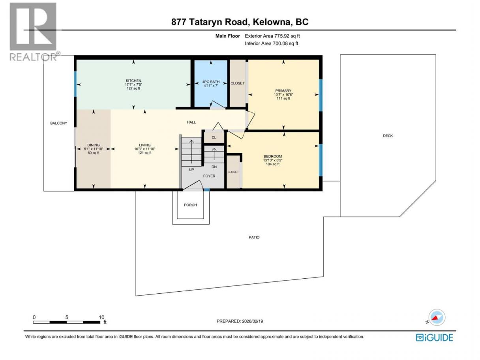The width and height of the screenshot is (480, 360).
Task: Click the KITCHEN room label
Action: click(x=133, y=81)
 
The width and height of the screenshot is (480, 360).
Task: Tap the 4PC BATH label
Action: click(x=211, y=82)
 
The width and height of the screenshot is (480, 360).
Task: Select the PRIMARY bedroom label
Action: click(x=283, y=91)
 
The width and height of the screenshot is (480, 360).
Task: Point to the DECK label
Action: click(x=388, y=136)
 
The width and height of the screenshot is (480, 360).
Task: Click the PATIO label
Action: click(x=254, y=237)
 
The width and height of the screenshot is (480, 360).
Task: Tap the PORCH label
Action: click(x=190, y=205)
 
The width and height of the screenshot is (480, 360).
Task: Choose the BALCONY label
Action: click(x=58, y=123)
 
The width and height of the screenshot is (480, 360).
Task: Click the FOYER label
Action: click(x=209, y=176)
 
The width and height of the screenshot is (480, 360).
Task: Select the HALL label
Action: click(x=191, y=122)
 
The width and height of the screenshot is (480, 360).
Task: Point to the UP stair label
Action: click(x=191, y=170)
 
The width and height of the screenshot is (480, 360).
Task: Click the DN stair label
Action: click(x=214, y=167)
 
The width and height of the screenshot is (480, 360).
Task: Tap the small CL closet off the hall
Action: click(x=214, y=137)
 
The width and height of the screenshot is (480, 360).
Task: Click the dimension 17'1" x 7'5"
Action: click(x=133, y=84)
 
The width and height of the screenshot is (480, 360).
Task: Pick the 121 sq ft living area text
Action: click(x=144, y=153)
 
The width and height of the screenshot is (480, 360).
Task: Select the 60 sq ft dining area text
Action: click(x=94, y=153)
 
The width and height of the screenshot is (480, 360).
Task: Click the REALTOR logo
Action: click(x=34, y=32)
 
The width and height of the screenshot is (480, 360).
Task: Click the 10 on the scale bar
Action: click(x=101, y=317)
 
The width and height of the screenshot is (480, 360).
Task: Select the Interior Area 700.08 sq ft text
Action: click(x=271, y=43)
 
